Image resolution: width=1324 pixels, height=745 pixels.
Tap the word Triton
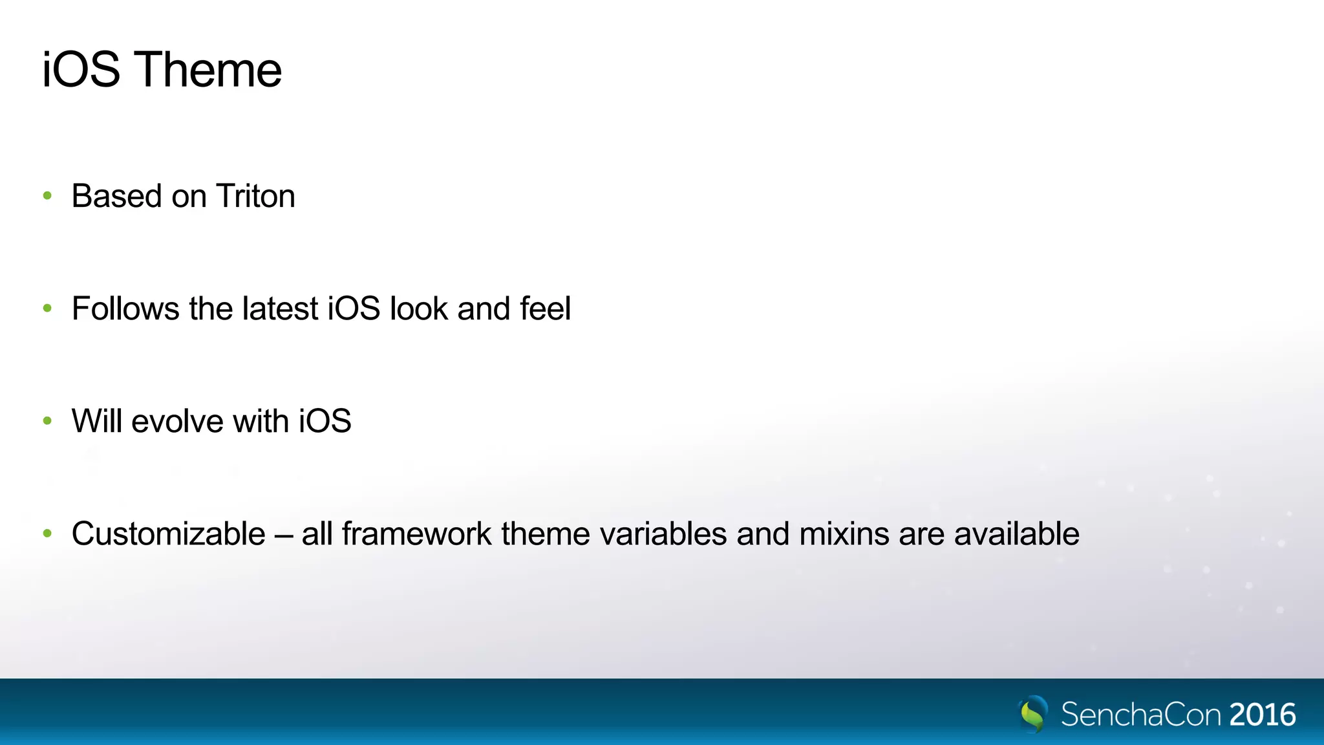pyautogui.click(x=255, y=196)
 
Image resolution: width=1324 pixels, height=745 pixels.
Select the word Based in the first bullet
pyautogui.click(x=116, y=196)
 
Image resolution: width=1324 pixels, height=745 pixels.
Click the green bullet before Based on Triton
pyautogui.click(x=47, y=195)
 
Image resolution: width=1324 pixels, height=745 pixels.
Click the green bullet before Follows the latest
pyautogui.click(x=47, y=308)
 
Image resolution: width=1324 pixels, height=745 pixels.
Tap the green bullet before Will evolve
pyautogui.click(x=47, y=421)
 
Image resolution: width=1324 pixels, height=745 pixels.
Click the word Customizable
pyautogui.click(x=168, y=534)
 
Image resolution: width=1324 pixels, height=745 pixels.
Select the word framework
pyautogui.click(x=416, y=534)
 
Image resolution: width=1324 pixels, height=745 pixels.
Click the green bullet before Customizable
pyautogui.click(x=47, y=534)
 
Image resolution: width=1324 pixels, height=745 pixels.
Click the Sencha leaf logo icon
pyautogui.click(x=1033, y=714)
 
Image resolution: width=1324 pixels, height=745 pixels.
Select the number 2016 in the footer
pyautogui.click(x=1263, y=715)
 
